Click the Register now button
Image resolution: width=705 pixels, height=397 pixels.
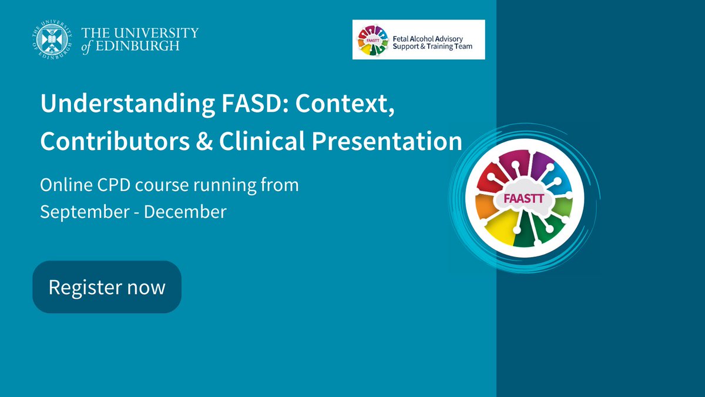[107, 287]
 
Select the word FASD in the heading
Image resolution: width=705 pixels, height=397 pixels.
[257, 105]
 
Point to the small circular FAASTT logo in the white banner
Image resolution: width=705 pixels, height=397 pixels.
[372, 40]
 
